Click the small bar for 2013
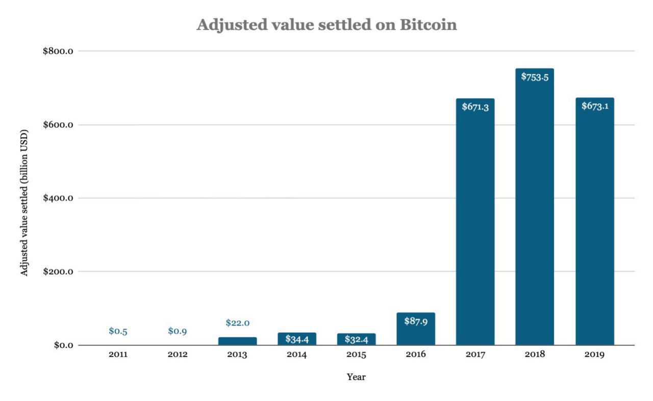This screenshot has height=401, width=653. (237, 341)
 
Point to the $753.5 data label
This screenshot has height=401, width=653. (534, 77)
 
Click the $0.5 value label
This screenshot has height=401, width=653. (118, 331)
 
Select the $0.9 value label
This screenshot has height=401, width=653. (178, 331)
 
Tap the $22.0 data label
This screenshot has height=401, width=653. (237, 323)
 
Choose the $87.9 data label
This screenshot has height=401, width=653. (415, 322)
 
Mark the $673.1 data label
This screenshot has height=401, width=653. (594, 106)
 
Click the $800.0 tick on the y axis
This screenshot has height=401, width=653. (59, 51)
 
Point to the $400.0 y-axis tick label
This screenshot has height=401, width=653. (59, 198)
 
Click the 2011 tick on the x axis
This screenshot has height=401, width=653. (118, 355)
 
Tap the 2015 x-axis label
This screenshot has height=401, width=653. (356, 355)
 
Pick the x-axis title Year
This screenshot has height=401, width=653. (356, 377)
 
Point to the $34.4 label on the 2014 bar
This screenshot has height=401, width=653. (296, 339)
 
